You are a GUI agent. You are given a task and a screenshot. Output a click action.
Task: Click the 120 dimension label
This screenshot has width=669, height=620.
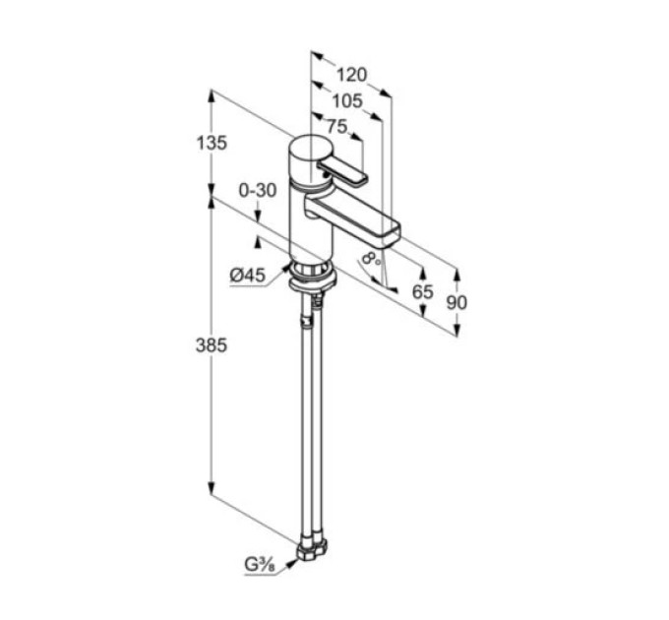[351, 75]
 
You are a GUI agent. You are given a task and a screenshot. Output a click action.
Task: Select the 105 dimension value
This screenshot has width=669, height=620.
[347, 101]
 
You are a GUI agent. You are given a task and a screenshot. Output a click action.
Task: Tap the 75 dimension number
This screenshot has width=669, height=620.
[337, 126]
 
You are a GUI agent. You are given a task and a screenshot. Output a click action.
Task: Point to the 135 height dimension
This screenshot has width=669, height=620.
[212, 143]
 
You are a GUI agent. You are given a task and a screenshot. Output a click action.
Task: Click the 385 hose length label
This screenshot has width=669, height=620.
[212, 344]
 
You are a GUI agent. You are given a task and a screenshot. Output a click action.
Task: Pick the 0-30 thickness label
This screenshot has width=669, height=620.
[258, 190]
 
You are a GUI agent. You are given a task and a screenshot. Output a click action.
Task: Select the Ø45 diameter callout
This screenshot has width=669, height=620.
[248, 276]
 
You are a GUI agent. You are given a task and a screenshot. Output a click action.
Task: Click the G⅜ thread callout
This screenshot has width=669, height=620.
[260, 566]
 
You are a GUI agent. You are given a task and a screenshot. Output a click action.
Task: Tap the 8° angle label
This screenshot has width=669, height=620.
[370, 258]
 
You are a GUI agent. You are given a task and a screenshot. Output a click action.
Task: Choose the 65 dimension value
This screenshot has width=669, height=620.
[422, 292]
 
